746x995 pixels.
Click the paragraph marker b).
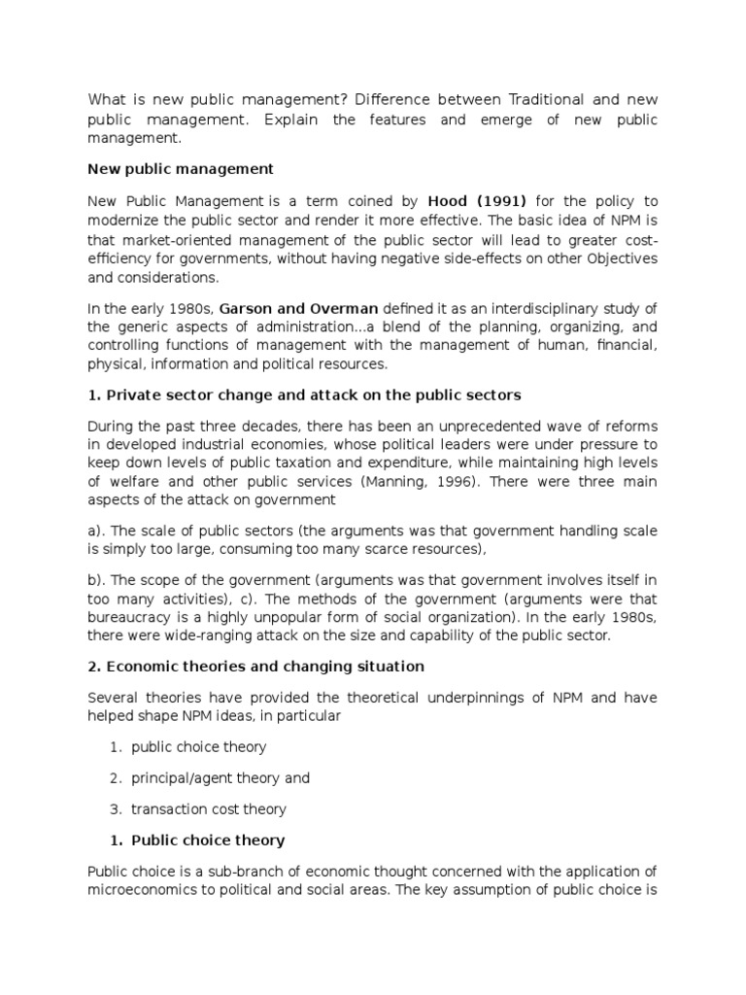coord(96,579)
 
